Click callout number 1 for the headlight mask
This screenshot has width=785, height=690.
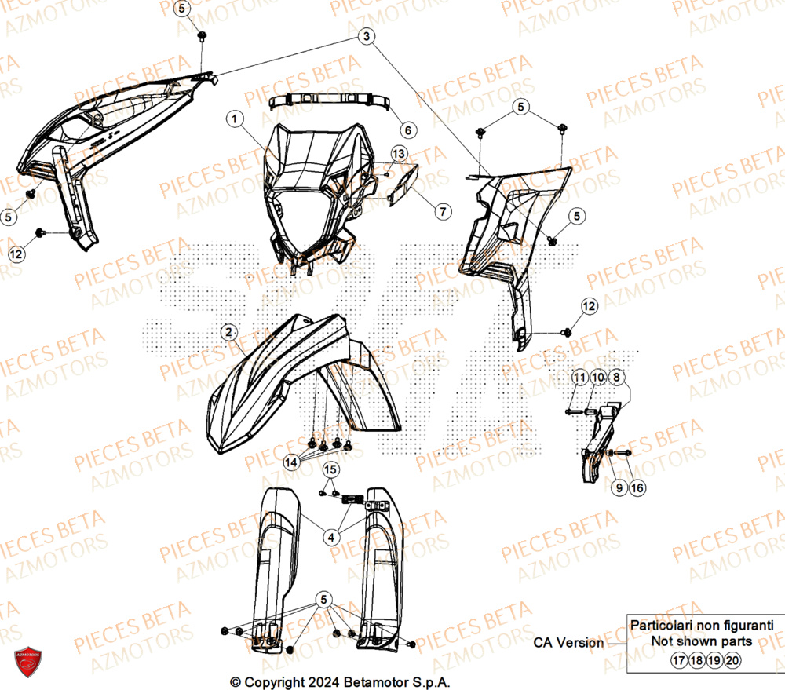click(235, 119)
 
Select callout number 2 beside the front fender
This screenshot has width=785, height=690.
click(228, 333)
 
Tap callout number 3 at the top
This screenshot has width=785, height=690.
click(368, 36)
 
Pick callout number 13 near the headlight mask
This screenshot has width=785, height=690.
click(399, 152)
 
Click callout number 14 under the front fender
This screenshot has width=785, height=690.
click(291, 463)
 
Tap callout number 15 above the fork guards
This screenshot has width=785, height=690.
click(330, 470)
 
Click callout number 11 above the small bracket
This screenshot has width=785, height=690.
click(579, 378)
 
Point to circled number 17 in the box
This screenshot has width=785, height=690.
click(679, 661)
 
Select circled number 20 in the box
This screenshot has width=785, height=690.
click(732, 661)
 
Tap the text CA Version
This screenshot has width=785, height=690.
click(569, 642)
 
